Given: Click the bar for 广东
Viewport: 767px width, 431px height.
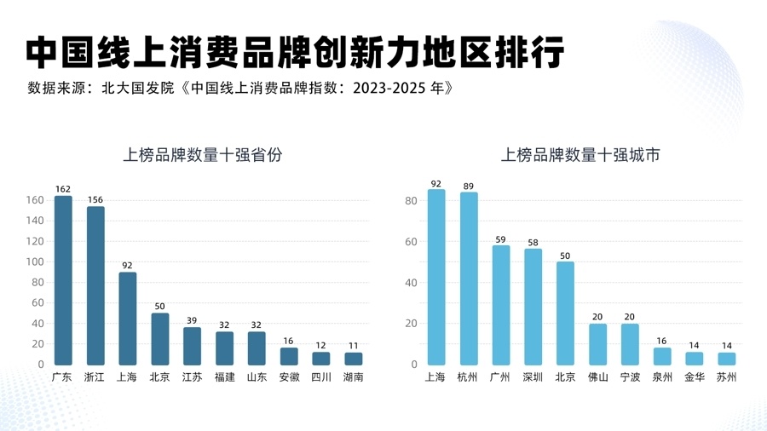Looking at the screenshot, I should point(63,281).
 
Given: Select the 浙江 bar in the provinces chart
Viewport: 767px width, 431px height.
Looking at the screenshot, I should point(95,286).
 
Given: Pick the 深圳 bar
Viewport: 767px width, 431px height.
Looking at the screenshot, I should point(533,307).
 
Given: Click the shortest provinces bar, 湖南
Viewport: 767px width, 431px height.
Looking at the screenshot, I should point(353,359).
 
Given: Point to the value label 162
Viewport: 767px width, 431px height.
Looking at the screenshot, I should point(63,188).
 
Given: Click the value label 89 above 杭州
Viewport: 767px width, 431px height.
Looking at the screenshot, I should point(469,185).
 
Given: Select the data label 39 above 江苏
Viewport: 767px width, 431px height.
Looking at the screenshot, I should point(193,320).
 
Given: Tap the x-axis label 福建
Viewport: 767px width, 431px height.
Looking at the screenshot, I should point(224,376).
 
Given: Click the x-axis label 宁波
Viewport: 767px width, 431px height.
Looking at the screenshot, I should point(630,376).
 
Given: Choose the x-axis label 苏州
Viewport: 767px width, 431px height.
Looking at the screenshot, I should point(726,376).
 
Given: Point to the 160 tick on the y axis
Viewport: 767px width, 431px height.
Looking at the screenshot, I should point(35,200).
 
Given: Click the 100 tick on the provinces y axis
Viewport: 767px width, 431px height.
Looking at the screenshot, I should point(35,261).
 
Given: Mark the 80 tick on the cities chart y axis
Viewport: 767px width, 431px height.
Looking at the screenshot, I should point(411,201).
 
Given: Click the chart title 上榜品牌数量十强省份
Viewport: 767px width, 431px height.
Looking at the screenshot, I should point(203,155).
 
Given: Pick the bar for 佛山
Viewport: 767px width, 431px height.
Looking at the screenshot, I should point(598,344).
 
